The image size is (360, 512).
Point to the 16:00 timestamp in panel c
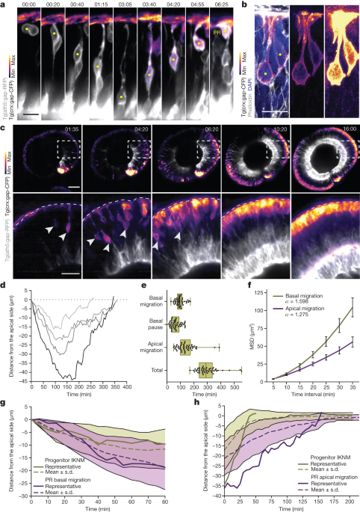[341, 129]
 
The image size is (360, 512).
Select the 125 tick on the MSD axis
[269, 287]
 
